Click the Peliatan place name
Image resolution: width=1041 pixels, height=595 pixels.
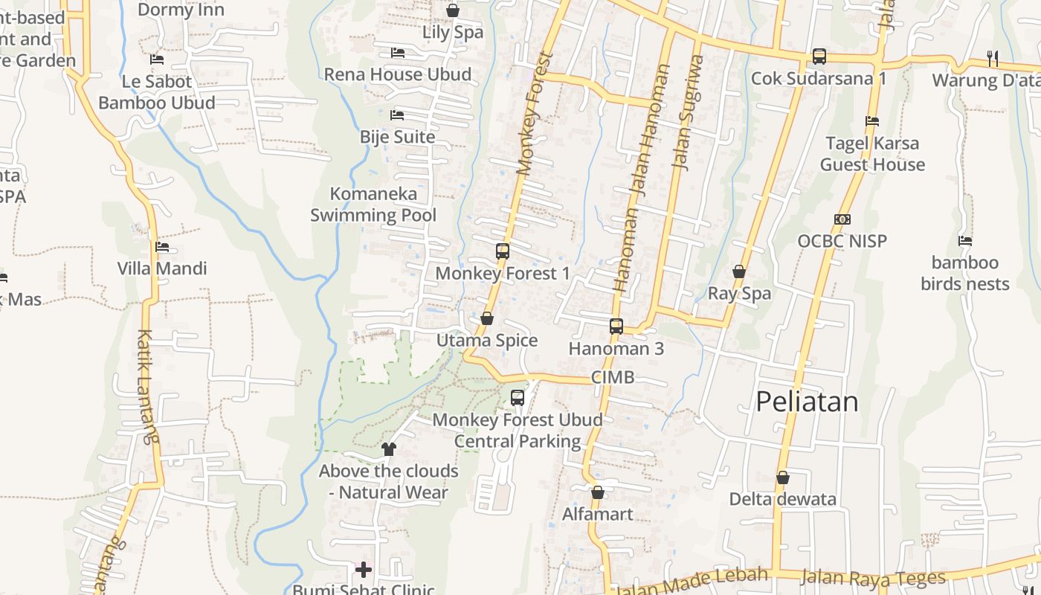pos(807,402)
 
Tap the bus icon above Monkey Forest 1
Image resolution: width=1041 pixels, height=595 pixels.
pos(503,251)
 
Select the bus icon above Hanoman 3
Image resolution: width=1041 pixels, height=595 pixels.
pos(616,326)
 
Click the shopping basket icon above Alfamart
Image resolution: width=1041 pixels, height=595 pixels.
pos(598,492)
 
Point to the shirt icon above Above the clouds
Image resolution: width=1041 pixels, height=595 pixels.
pos(389,448)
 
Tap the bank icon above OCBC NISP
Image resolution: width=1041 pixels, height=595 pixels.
pos(842,219)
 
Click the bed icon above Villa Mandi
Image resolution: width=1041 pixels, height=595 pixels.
pos(162,247)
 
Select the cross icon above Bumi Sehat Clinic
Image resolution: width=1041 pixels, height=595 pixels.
pos(364,570)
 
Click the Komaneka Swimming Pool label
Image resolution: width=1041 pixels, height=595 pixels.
pos(373,205)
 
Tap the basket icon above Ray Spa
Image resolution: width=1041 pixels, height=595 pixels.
pos(739,271)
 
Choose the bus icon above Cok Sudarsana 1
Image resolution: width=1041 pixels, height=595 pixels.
pos(819,56)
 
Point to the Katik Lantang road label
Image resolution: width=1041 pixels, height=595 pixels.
pos(147,387)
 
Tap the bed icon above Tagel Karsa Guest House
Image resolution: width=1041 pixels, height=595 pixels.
pos(872,121)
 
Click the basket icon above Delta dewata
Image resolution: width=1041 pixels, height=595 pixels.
pos(782,477)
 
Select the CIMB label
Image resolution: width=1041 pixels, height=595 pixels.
pos(613,377)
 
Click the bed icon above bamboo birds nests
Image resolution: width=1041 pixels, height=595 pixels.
pos(965,241)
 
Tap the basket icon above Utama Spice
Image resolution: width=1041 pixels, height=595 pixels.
pos(487,319)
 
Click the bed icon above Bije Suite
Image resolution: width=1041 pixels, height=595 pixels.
pos(397,115)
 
